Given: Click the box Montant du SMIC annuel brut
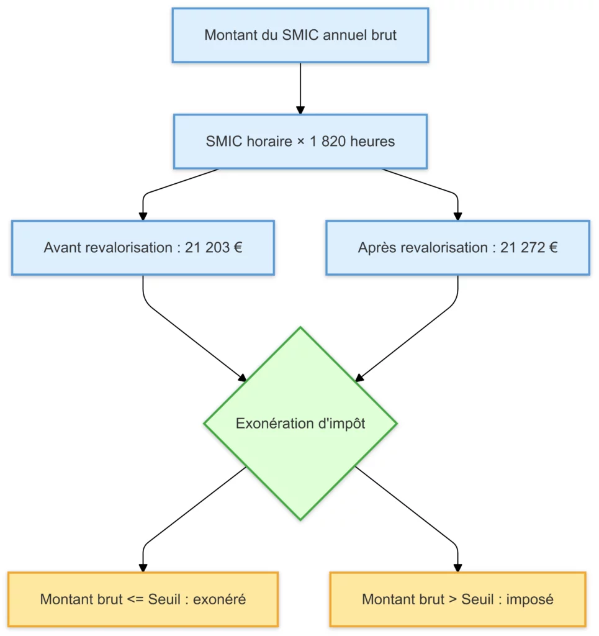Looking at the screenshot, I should (300, 35).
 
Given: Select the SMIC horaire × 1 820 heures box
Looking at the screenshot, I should (300, 142).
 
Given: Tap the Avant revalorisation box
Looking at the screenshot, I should (143, 248).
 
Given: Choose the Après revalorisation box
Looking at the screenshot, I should (457, 248).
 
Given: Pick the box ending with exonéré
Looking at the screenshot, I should (143, 599).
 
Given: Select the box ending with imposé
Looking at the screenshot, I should (457, 599).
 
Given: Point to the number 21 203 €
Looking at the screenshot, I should (214, 248).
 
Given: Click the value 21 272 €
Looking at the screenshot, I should (529, 248).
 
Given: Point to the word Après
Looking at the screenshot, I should (377, 248).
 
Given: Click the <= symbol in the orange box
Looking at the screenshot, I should (137, 599).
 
